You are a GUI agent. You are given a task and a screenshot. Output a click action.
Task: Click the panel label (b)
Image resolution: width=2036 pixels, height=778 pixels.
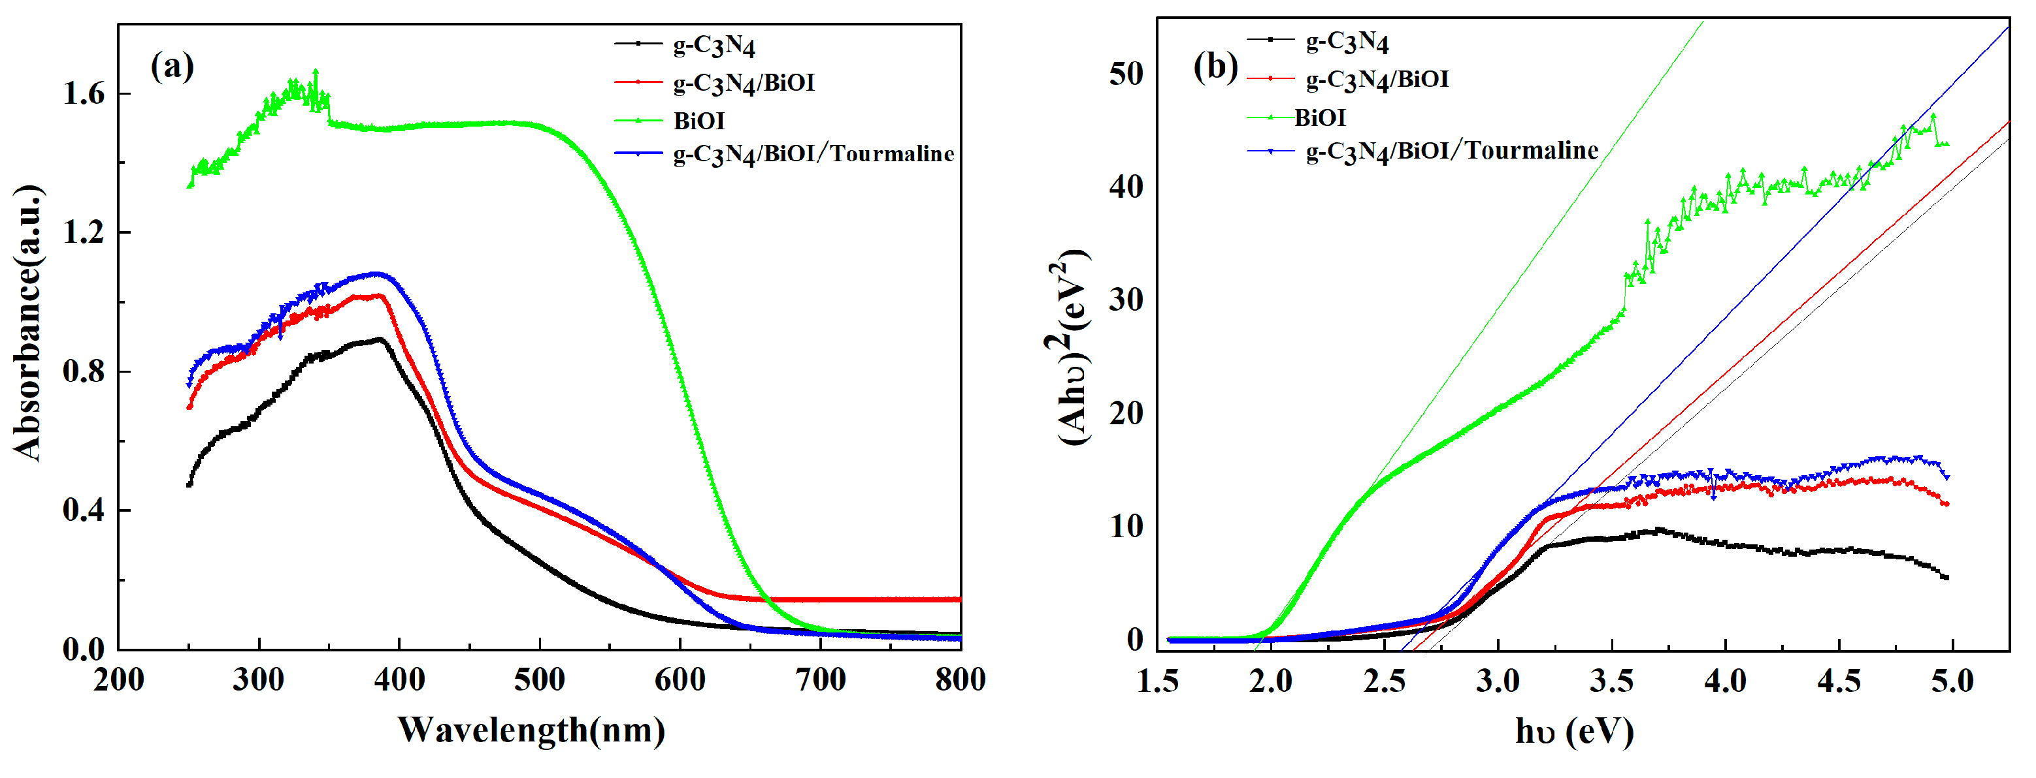point(1215,67)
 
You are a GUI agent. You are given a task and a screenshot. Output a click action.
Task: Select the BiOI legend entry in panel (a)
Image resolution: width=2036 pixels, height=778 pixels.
point(698,121)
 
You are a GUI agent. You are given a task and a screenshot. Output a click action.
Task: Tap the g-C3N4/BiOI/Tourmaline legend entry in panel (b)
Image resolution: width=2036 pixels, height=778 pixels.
point(1451,150)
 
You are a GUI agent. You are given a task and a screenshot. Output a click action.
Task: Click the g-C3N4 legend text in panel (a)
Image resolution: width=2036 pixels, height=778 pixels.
point(714,45)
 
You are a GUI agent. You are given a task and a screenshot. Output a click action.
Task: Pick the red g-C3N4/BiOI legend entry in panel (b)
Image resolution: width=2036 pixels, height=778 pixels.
point(1377,79)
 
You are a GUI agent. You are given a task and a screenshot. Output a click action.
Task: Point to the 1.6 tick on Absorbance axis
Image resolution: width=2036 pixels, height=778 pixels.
point(84,94)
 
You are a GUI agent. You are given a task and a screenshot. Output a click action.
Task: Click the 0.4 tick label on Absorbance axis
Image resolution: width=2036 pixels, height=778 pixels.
point(84,510)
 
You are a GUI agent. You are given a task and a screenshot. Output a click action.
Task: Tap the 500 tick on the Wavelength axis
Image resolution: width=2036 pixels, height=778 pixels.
point(540,679)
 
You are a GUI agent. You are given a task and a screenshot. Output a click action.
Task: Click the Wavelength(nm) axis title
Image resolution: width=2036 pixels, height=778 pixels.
point(531,730)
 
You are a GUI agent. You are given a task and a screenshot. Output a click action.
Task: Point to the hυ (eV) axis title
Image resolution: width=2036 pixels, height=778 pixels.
point(1575,732)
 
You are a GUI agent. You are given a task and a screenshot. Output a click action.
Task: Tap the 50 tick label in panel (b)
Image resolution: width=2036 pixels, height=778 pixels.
point(1126,74)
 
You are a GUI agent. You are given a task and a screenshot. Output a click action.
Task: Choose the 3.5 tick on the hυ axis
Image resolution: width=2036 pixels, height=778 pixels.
point(1611,681)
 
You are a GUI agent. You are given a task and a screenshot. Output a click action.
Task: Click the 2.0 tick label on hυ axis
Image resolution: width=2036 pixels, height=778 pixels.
point(1271,681)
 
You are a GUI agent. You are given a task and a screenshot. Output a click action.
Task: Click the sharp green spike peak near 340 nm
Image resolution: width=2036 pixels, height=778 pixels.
point(316,71)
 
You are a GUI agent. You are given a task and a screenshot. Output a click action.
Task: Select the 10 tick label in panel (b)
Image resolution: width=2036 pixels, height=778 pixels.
point(1126,526)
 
